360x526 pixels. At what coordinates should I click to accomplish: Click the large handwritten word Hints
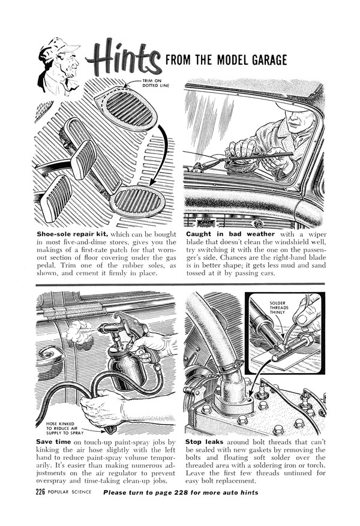click(x=122, y=59)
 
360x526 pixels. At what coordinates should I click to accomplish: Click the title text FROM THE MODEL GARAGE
click(x=226, y=60)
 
